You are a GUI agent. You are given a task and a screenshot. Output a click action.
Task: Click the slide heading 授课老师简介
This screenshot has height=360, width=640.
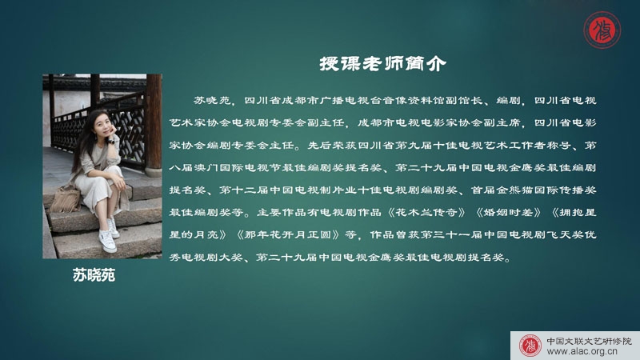[382, 64]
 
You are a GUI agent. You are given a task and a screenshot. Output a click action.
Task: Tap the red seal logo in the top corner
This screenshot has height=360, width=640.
[602, 30]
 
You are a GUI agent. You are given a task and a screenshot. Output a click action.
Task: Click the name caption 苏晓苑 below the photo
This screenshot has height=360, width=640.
[94, 275]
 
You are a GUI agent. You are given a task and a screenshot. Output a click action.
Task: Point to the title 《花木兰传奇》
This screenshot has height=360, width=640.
[426, 212]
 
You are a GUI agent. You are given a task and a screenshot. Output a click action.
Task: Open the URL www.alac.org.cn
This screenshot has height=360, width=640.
[582, 351]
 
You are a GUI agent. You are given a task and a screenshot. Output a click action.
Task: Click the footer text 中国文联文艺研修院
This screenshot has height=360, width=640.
[589, 342]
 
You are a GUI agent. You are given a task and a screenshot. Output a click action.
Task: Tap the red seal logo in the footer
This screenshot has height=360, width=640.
[530, 346]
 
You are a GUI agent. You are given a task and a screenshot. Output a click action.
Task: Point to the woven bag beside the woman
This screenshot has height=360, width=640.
[66, 199]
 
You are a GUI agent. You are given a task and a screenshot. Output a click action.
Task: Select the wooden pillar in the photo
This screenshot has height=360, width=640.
[154, 122]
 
